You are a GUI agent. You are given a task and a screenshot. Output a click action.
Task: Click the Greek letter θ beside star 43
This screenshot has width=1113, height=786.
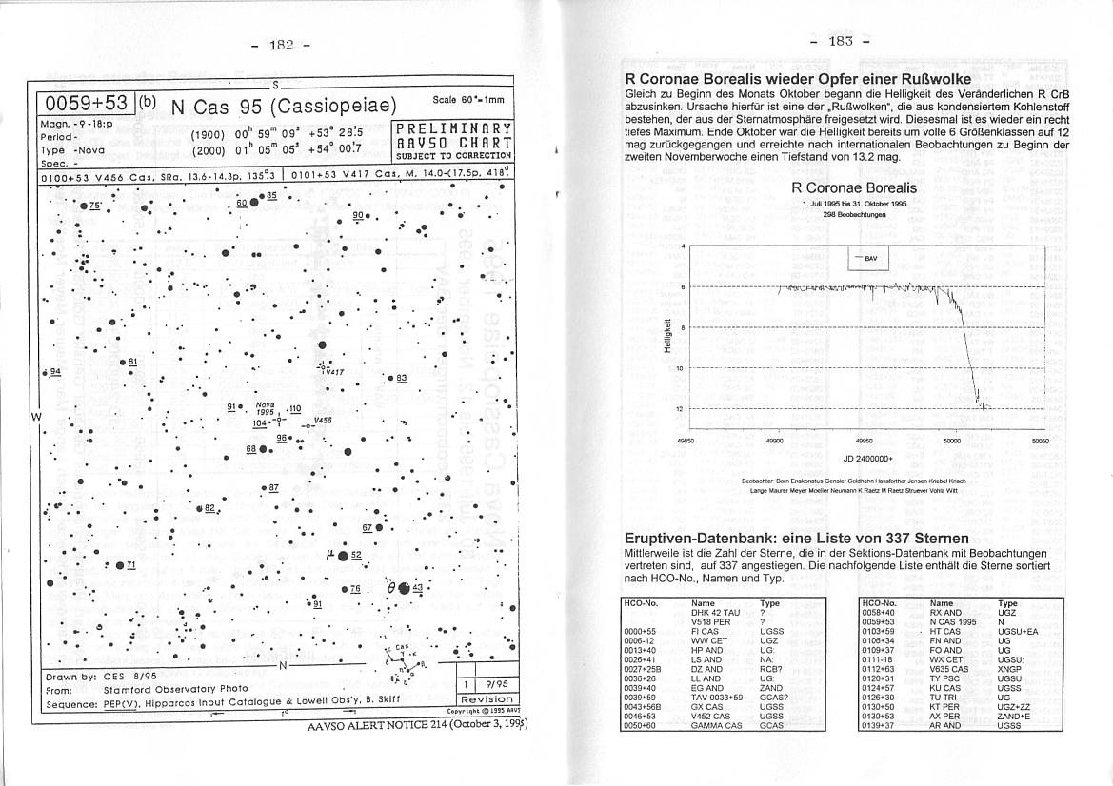click(x=391, y=588)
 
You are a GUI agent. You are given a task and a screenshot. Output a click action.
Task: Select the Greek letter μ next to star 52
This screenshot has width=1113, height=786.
click(x=329, y=553)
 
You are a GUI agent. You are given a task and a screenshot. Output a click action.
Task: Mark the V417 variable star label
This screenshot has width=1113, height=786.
click(x=333, y=372)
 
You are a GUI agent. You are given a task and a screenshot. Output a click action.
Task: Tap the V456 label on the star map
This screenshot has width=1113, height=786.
click(x=322, y=420)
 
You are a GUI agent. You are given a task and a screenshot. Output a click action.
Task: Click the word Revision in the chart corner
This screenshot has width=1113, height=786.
click(x=486, y=699)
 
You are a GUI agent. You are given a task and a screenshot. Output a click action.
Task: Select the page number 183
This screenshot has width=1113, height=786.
click(x=840, y=41)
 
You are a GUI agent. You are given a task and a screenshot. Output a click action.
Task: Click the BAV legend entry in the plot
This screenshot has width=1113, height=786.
click(x=873, y=258)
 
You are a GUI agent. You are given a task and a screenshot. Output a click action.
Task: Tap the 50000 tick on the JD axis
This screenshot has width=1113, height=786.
click(x=952, y=442)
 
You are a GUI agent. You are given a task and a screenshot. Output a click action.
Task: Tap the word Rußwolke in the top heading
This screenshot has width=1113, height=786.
click(x=924, y=79)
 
